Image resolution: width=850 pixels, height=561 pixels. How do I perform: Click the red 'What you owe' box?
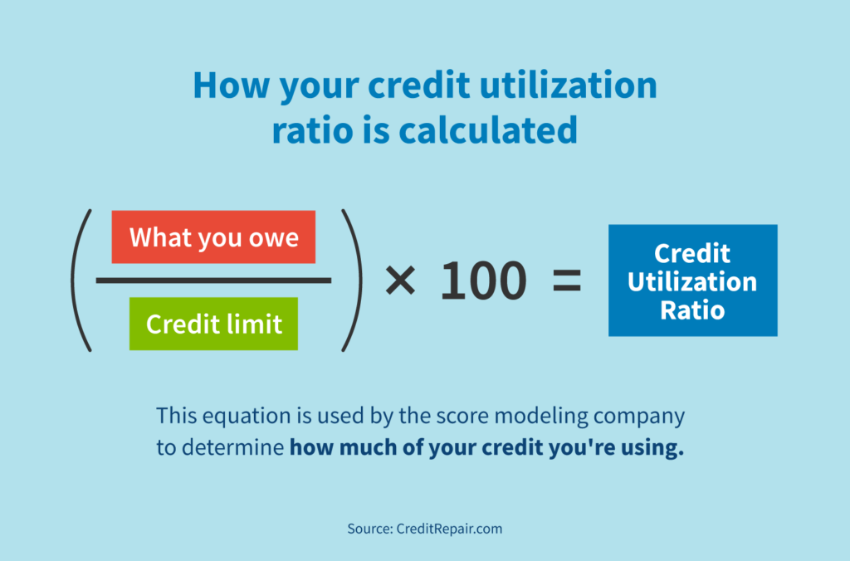click(x=213, y=237)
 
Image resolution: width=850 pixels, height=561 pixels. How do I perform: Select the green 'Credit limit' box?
click(x=213, y=324)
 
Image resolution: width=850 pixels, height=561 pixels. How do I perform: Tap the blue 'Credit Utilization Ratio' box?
click(x=693, y=280)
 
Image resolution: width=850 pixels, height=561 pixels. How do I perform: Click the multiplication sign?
click(x=400, y=280)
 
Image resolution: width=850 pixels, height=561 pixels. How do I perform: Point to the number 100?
click(x=483, y=280)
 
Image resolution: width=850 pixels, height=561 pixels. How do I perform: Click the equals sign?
click(x=566, y=280)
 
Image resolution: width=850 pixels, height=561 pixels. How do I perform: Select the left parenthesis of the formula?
click(x=81, y=280)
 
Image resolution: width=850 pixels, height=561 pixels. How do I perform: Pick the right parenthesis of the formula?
click(x=352, y=280)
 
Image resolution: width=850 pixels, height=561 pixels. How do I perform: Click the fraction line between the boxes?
click(x=213, y=280)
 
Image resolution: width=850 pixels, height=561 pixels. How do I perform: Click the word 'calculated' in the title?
click(x=488, y=130)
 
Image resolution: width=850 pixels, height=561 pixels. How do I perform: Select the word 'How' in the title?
click(x=231, y=85)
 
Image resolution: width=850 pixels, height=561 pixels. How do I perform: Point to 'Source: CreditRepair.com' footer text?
click(x=425, y=529)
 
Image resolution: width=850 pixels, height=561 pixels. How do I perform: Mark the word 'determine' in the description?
click(x=233, y=447)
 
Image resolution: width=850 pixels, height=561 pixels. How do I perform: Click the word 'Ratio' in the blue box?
click(x=692, y=310)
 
